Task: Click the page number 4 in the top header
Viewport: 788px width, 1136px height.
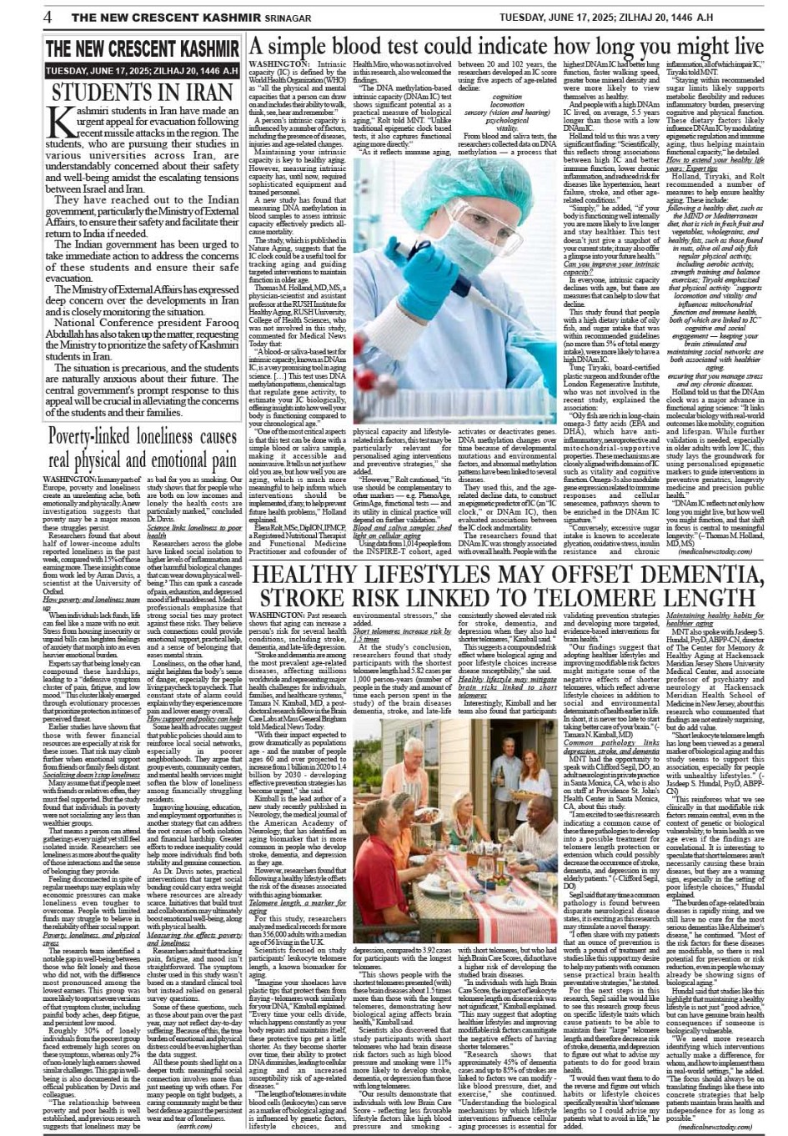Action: tap(48, 18)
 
